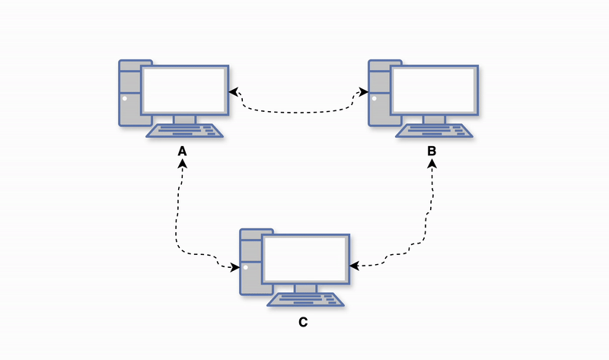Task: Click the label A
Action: tap(182, 151)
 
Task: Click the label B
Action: tap(432, 151)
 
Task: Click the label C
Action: tap(303, 322)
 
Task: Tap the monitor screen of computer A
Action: tap(184, 90)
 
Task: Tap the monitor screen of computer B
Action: tap(434, 90)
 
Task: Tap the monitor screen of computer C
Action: tap(305, 260)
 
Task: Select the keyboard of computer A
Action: tap(186, 131)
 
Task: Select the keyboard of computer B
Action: tap(435, 131)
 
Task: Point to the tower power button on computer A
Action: tap(124, 97)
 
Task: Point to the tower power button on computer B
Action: tap(374, 97)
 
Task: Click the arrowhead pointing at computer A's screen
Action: tap(234, 91)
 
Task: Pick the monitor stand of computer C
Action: tap(305, 288)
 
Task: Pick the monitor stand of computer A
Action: tap(184, 119)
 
